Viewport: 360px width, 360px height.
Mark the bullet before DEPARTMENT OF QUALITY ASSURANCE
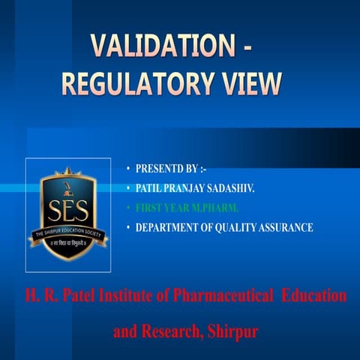click(x=128, y=226)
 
